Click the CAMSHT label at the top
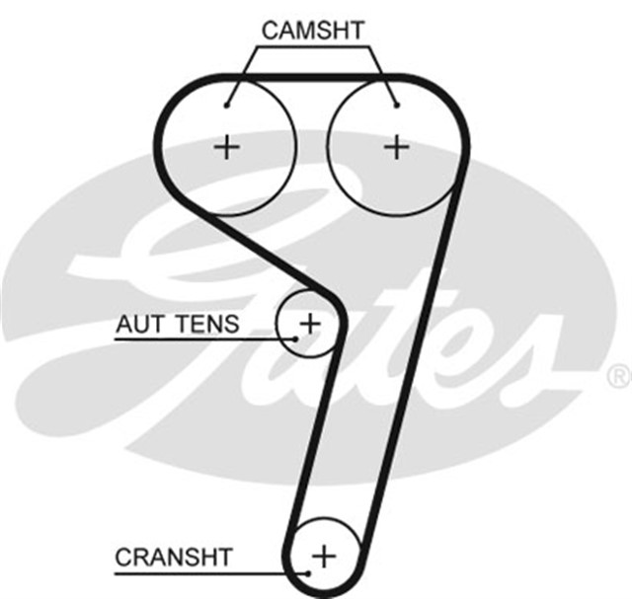[x=311, y=30]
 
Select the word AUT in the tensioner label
[x=139, y=323]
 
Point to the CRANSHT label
[x=174, y=557]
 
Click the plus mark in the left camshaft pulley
[x=227, y=148]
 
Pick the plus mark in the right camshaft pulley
[x=396, y=148]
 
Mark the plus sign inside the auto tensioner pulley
[x=310, y=322]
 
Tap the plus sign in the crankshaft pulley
[x=324, y=555]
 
